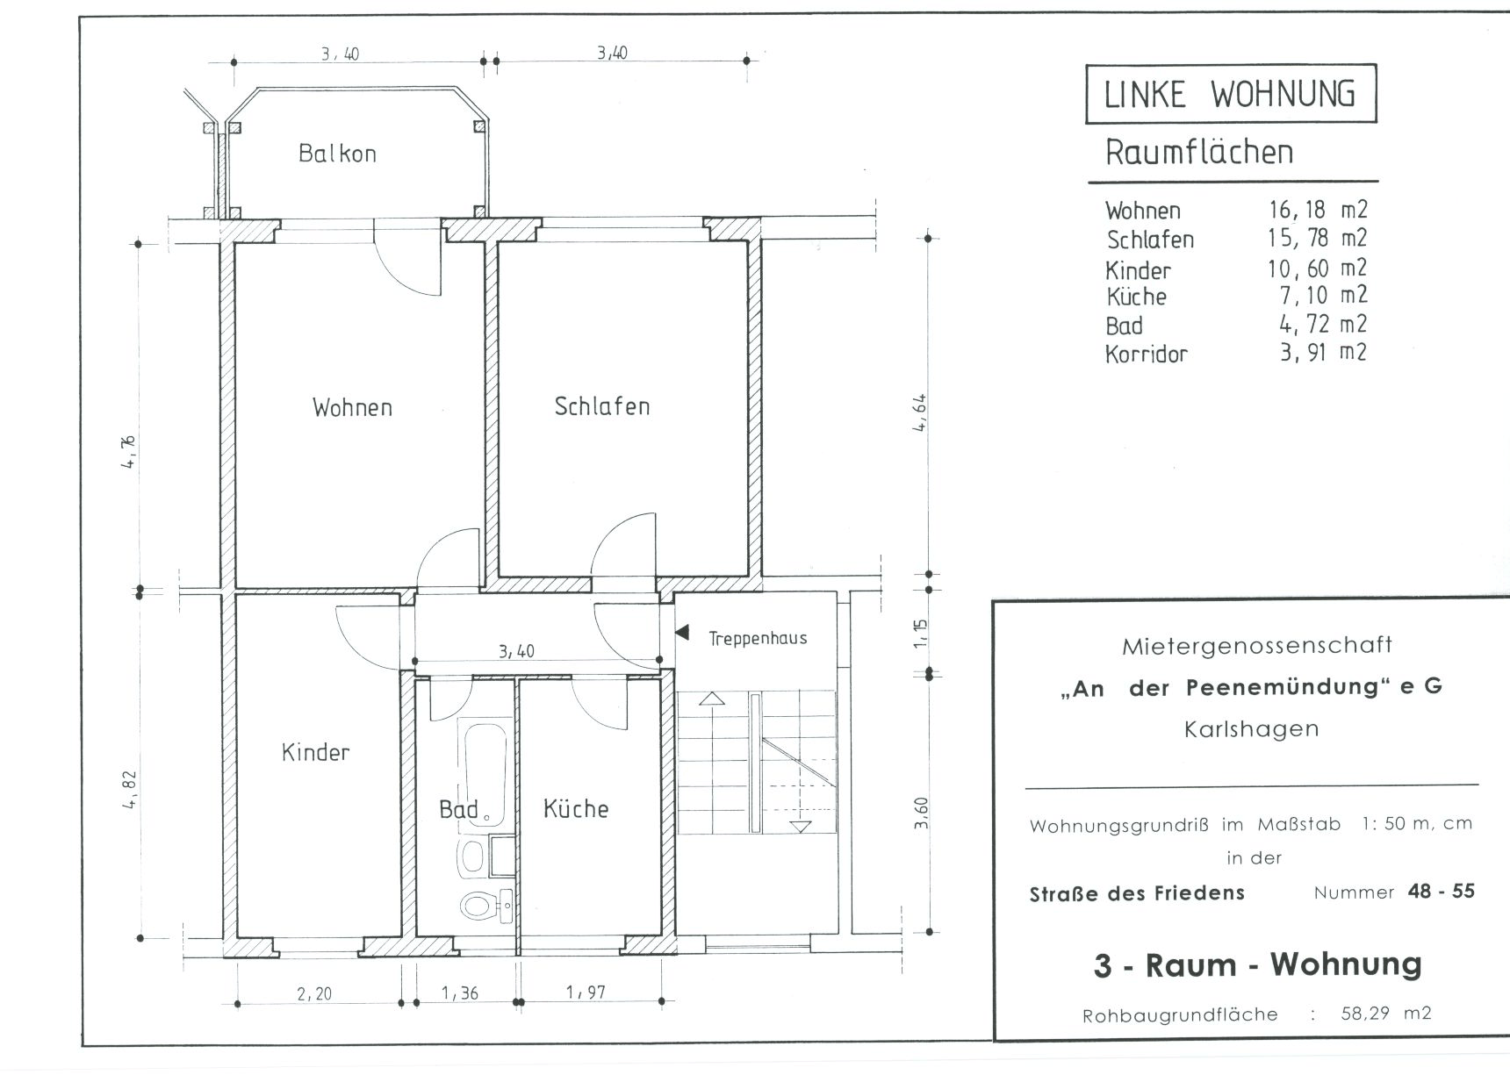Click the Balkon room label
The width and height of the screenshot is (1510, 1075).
point(337,154)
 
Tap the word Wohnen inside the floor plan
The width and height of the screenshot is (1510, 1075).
point(352,407)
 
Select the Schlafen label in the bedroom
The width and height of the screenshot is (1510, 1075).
point(602,406)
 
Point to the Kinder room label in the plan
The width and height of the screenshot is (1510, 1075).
point(315,752)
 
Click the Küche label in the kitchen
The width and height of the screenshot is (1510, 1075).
point(576,808)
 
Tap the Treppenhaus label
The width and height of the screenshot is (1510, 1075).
point(758,639)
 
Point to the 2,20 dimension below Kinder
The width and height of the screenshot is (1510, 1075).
point(314,993)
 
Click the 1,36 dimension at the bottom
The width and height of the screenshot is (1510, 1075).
point(460,993)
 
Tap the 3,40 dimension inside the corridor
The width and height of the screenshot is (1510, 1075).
point(516,651)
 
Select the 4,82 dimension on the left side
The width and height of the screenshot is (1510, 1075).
point(131,789)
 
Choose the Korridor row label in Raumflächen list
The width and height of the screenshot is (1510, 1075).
point(1147,355)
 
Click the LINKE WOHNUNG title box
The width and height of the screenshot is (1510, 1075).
point(1231,94)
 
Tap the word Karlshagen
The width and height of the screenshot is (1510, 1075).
point(1251,729)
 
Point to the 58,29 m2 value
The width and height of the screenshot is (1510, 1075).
point(1386,1014)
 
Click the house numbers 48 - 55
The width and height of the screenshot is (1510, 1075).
point(1441,892)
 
